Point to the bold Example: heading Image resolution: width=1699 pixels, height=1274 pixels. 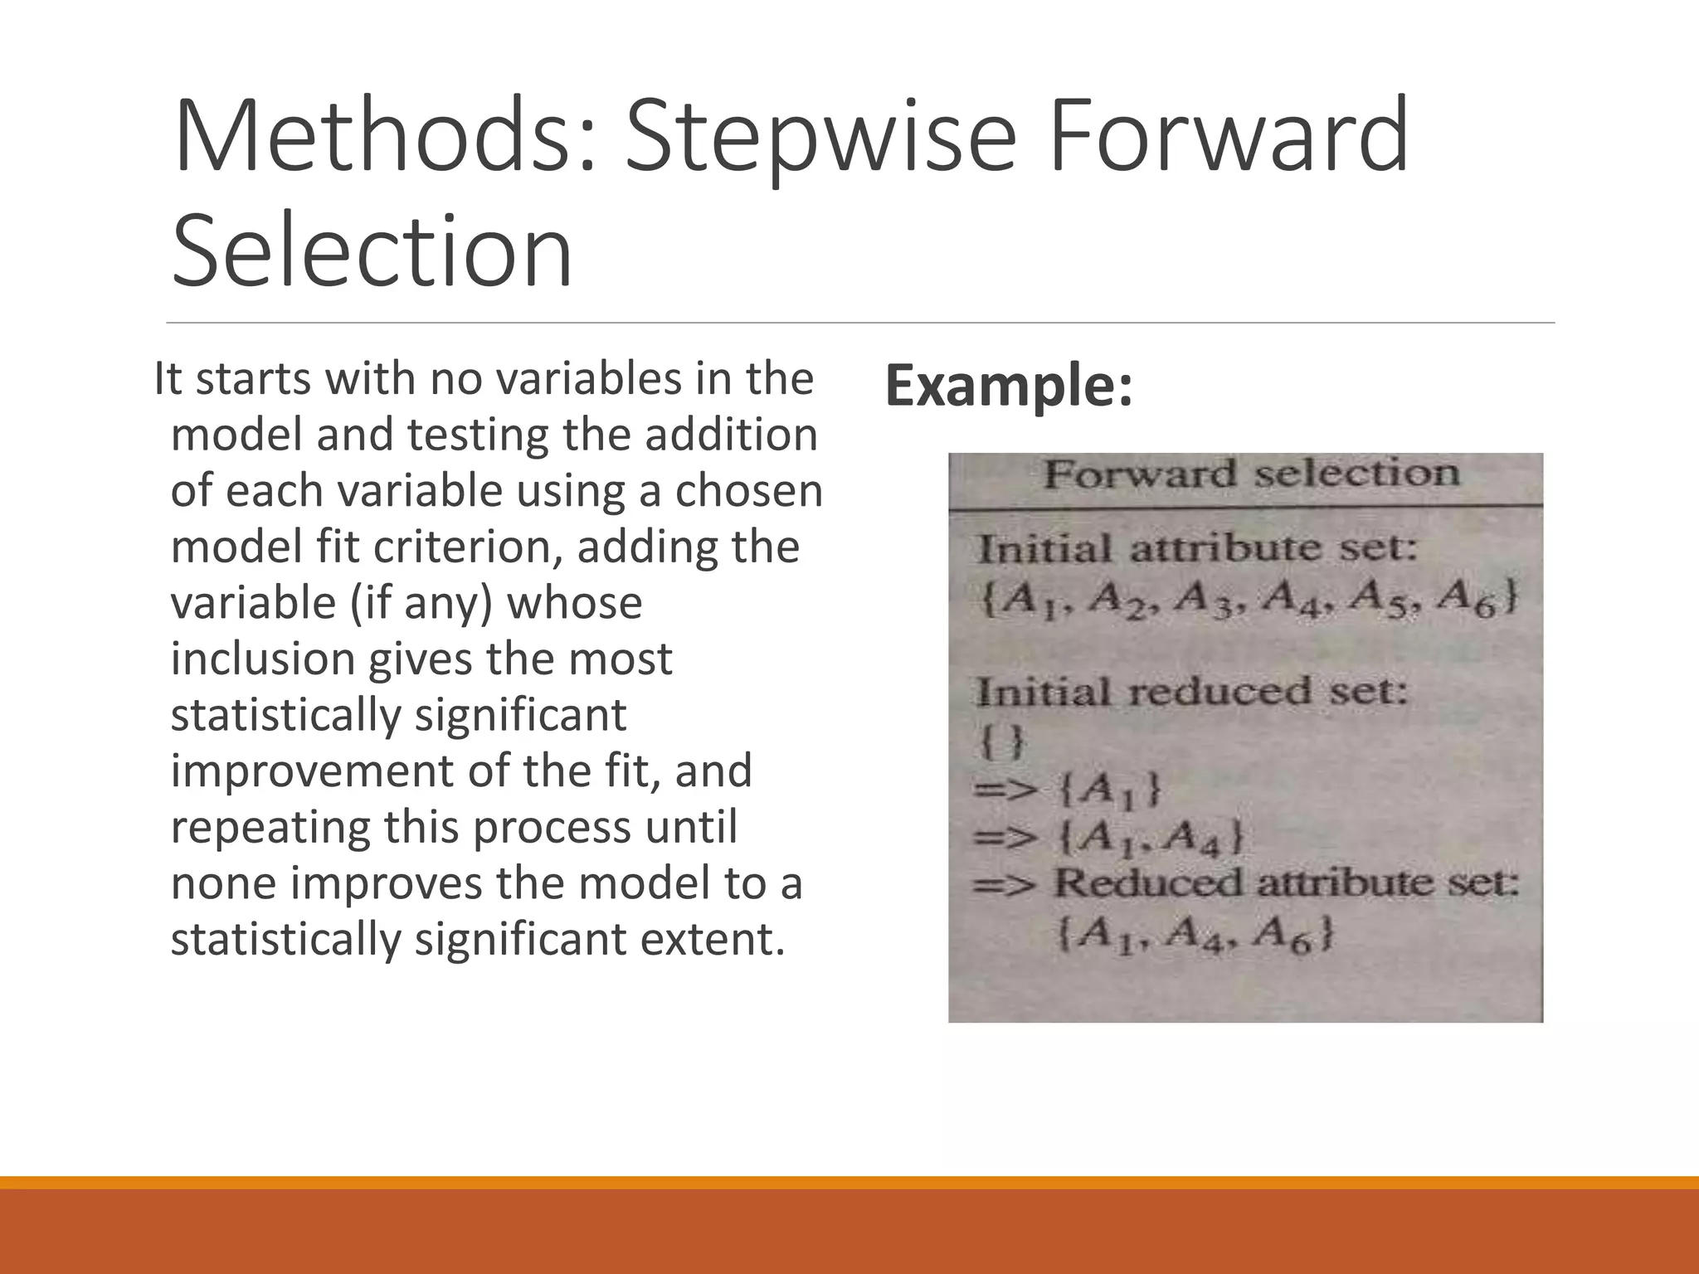pyautogui.click(x=1009, y=387)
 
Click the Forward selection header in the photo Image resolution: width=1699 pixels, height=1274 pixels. pyautogui.click(x=1250, y=475)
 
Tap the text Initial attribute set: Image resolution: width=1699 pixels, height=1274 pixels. pyautogui.click(x=1198, y=550)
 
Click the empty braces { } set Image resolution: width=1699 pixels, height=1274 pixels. pyautogui.click(x=1002, y=741)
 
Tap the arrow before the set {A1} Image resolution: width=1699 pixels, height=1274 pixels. pyautogui.click(x=1005, y=789)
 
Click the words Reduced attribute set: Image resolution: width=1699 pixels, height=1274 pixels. pyautogui.click(x=1286, y=883)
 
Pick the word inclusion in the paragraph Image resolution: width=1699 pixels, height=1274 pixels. pyautogui.click(x=262, y=659)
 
